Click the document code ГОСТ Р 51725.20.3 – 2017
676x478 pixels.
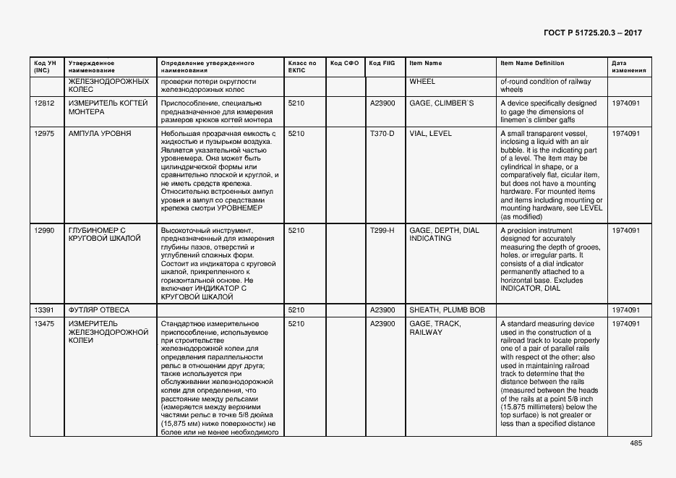(592, 33)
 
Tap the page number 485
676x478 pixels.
(636, 443)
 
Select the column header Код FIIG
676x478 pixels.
(381, 64)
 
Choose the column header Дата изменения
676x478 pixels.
(625, 67)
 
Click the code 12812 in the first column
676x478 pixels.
(44, 103)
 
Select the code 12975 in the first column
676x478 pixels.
(44, 134)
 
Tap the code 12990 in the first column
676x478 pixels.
(44, 231)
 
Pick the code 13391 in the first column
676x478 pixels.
(44, 310)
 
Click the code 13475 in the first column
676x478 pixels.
(44, 323)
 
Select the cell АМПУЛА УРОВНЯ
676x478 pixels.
(100, 134)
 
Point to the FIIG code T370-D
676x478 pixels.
(382, 134)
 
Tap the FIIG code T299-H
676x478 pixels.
(382, 231)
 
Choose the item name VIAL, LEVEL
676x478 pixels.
(430, 134)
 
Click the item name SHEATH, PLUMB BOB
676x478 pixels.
(447, 310)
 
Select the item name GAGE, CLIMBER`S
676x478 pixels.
(442, 103)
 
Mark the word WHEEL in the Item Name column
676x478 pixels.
(422, 82)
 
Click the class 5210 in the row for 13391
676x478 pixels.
(296, 310)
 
